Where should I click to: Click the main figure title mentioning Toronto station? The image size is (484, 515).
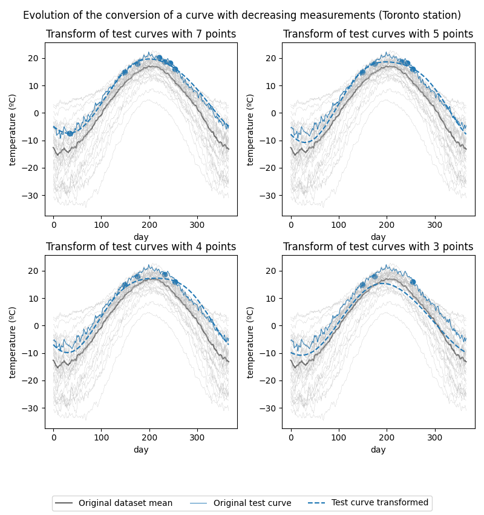pyautogui.click(x=242, y=15)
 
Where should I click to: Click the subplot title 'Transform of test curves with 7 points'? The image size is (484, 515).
pyautogui.click(x=141, y=35)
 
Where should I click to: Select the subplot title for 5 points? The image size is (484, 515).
pyautogui.click(x=378, y=35)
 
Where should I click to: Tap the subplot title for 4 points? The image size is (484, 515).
pyautogui.click(x=141, y=247)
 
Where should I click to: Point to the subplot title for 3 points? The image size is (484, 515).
pyautogui.click(x=378, y=247)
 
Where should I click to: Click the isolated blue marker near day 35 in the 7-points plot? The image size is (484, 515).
pyautogui.click(x=70, y=133)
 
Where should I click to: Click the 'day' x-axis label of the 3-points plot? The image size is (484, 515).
pyautogui.click(x=378, y=450)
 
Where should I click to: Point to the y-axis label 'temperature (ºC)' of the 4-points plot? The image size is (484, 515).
pyautogui.click(x=13, y=342)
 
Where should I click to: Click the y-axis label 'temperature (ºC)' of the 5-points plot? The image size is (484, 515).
pyautogui.click(x=250, y=129)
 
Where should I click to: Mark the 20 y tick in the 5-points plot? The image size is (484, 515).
pyautogui.click(x=275, y=58)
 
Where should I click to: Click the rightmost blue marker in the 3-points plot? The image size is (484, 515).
pyautogui.click(x=413, y=282)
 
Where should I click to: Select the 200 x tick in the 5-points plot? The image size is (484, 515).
pyautogui.click(x=387, y=224)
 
